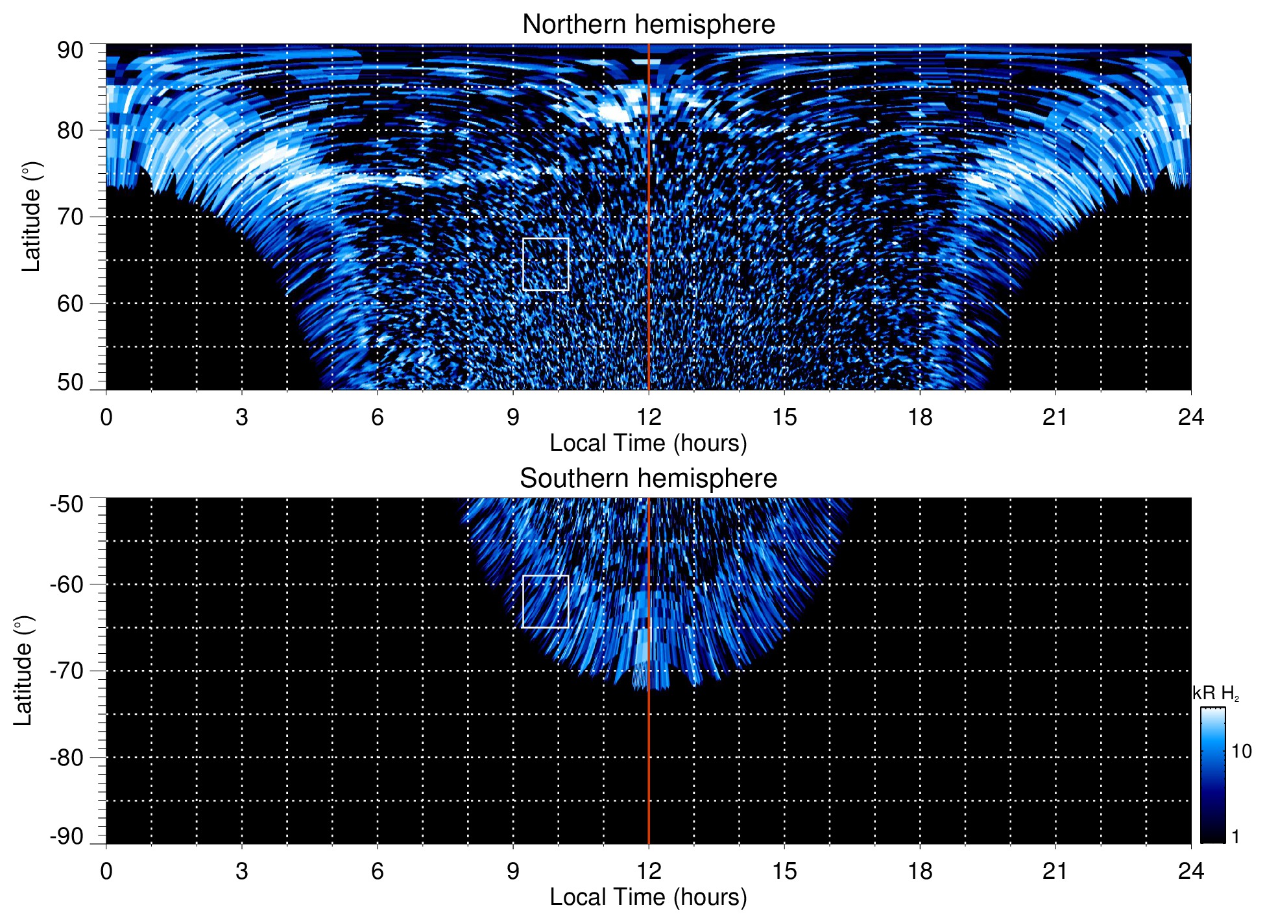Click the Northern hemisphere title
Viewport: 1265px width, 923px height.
coord(648,25)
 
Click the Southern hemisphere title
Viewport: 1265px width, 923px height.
coord(648,479)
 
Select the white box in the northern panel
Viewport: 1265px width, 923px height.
coord(546,265)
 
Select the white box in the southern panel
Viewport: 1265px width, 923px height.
coord(546,601)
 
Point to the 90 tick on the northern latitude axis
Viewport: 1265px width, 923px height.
coord(70,51)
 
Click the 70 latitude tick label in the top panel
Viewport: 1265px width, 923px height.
coord(70,217)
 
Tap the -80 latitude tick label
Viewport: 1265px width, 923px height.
coord(67,758)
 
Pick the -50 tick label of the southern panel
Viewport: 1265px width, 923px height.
coord(67,504)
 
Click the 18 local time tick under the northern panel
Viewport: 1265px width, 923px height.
coord(920,417)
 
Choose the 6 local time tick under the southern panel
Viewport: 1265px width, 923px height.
coord(378,871)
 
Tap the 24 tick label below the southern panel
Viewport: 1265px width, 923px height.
coord(1190,871)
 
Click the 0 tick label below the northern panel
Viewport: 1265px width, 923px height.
coord(106,417)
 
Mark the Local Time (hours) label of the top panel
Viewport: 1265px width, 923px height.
coord(648,443)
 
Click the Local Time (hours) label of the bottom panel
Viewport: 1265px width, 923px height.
coord(648,897)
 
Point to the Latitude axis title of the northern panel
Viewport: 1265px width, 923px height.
coord(30,217)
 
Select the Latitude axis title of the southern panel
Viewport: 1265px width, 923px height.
coord(23,671)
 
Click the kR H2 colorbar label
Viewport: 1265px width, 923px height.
coord(1216,693)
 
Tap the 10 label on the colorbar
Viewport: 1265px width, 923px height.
coord(1241,751)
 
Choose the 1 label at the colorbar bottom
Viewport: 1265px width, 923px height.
coord(1235,837)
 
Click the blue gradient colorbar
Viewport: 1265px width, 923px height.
coord(1212,775)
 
